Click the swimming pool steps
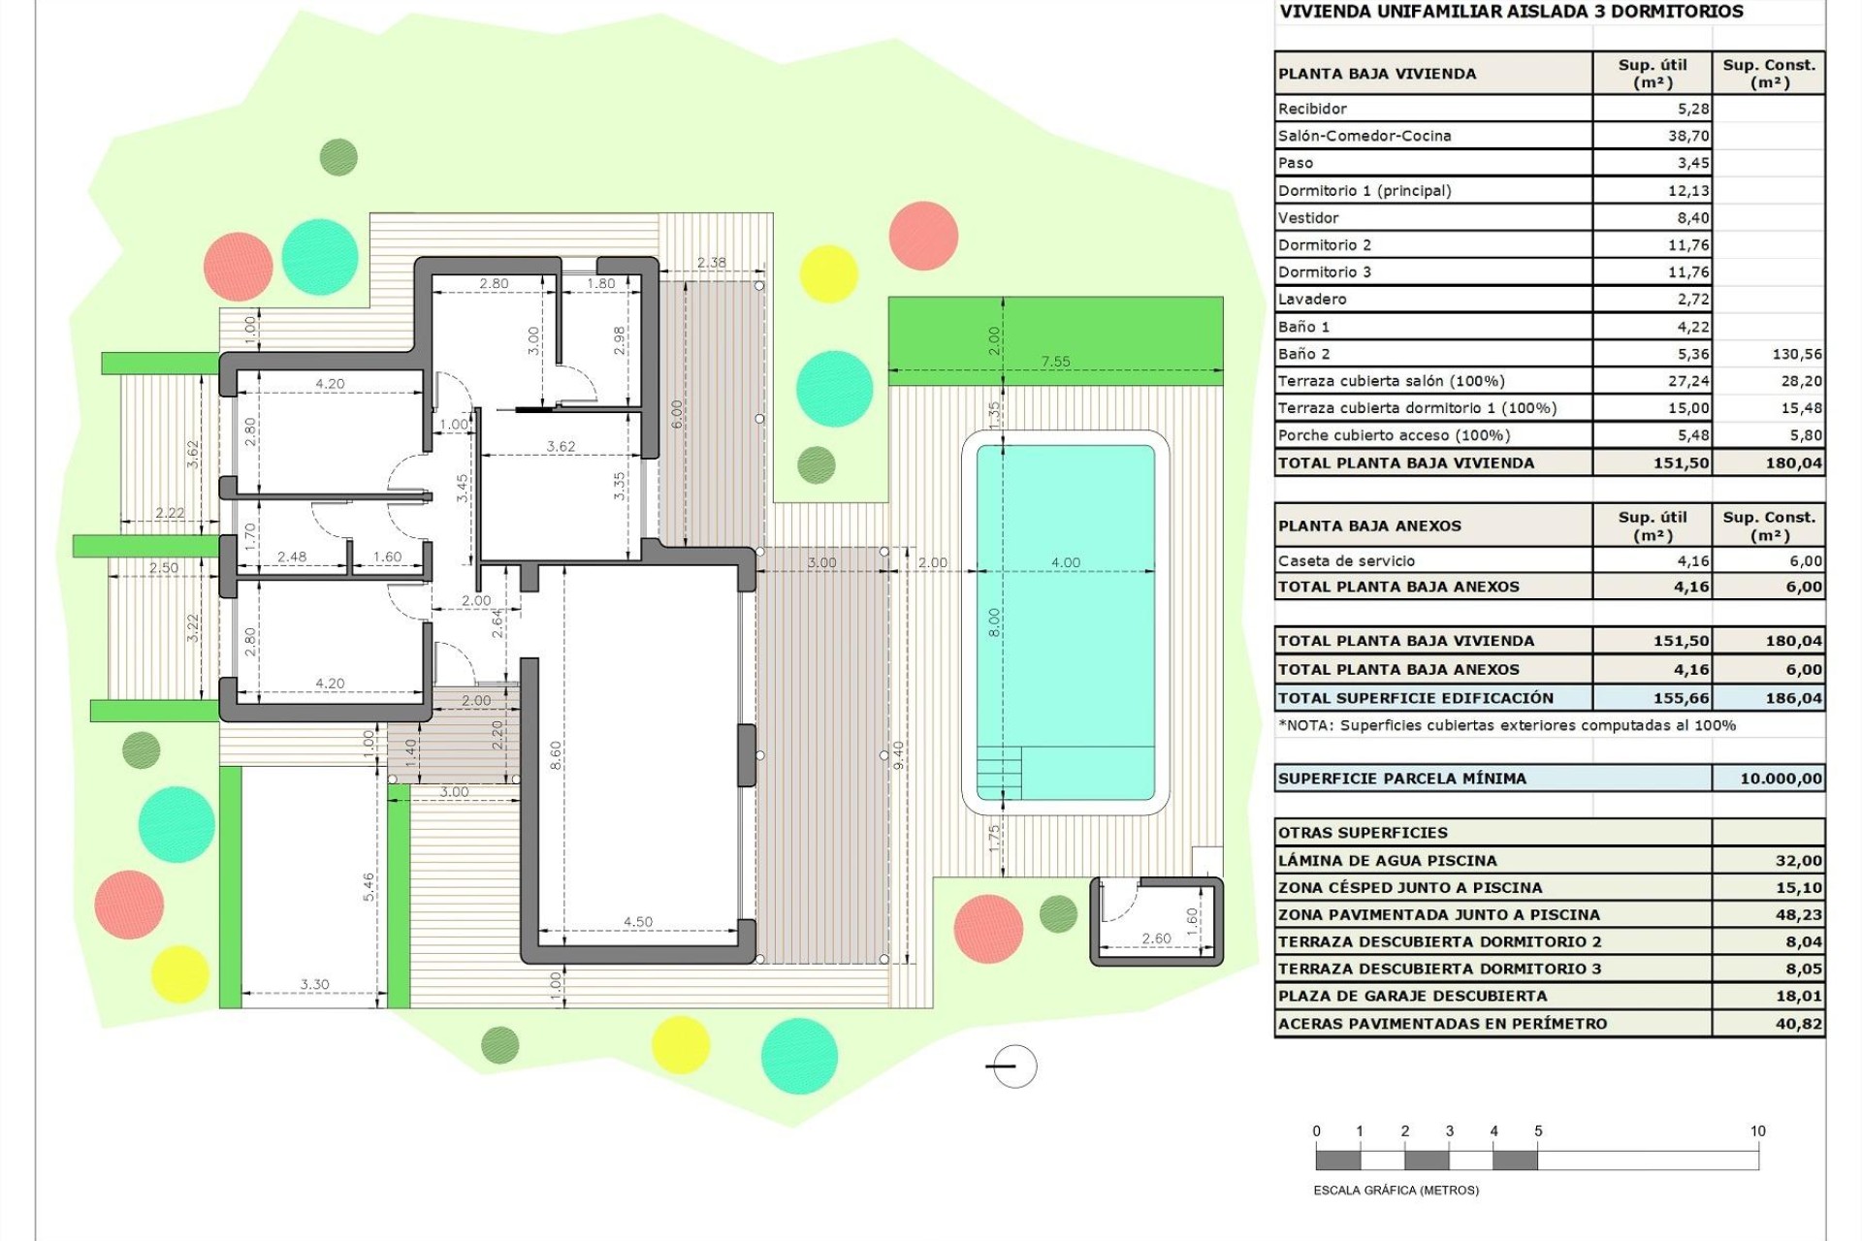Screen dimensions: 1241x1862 point(999,773)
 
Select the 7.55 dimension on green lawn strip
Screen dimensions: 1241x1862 point(1055,362)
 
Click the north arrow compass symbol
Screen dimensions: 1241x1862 point(1013,1066)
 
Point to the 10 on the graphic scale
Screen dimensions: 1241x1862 point(1757,1130)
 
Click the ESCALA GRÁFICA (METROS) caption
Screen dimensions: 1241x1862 point(1396,1190)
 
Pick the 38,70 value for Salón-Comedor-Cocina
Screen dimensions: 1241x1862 point(1688,136)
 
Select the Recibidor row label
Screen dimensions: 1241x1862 point(1312,109)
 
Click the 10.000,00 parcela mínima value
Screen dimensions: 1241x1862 point(1781,779)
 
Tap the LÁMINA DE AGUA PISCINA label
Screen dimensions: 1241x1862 point(1387,860)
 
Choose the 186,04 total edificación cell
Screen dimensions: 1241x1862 point(1793,698)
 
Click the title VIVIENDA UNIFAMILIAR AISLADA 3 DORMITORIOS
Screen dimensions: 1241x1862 point(1511,12)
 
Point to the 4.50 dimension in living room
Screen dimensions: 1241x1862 point(637,921)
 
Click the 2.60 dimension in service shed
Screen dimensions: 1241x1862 point(1156,938)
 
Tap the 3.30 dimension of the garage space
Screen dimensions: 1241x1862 point(314,984)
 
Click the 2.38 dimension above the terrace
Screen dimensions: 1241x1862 point(711,262)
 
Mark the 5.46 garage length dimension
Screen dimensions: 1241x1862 point(369,886)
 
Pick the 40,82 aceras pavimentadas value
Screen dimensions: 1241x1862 point(1798,1023)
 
